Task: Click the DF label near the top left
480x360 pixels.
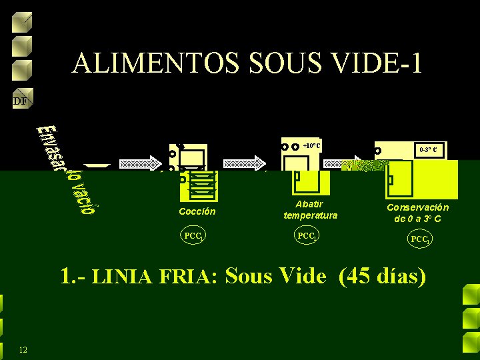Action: coord(20,101)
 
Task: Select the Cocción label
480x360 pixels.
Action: coord(197,211)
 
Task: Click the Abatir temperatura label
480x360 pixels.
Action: coord(310,209)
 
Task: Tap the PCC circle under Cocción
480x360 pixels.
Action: coord(193,236)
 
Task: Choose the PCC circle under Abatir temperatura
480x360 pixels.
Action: coord(307,236)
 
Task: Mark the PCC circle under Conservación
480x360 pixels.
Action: coord(420,239)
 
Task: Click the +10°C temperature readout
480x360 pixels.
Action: coord(311,146)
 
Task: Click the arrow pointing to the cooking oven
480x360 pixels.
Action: coord(140,163)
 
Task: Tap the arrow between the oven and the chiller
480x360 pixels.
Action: coord(245,163)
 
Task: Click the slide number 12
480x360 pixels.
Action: coord(23,350)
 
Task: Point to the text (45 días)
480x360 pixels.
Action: coord(382,275)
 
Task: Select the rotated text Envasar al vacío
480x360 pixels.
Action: coord(67,170)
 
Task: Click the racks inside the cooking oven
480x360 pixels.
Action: coord(201,184)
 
